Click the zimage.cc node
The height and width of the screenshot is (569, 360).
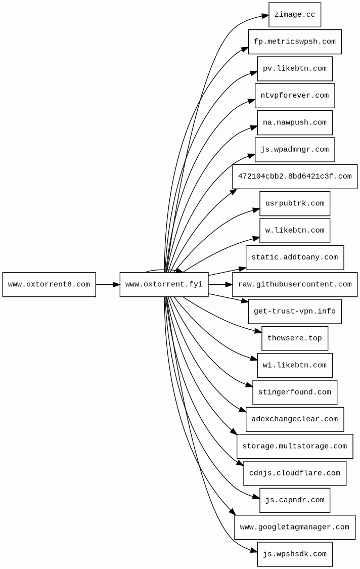(x=294, y=15)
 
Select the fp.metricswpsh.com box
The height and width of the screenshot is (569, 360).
(x=294, y=41)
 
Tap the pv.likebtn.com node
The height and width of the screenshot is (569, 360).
(x=294, y=69)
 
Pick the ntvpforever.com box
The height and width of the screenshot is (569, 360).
(x=294, y=96)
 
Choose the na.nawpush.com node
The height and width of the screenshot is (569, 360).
(x=294, y=122)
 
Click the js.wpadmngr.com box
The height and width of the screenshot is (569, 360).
(x=294, y=150)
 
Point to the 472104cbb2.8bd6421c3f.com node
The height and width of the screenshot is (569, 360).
(x=294, y=177)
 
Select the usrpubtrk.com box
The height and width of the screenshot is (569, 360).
(x=294, y=203)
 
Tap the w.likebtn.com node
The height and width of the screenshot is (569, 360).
(x=294, y=231)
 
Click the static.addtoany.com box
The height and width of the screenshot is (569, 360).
(x=294, y=257)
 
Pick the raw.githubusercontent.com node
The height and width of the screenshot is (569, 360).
(x=294, y=284)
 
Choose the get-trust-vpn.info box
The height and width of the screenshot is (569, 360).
(x=294, y=312)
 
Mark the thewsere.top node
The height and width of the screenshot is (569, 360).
(x=294, y=338)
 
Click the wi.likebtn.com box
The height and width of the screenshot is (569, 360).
(x=294, y=365)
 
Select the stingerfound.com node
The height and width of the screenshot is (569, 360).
(x=294, y=392)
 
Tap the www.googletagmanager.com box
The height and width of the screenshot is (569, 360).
(x=294, y=527)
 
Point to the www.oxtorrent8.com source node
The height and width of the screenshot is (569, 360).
(x=49, y=284)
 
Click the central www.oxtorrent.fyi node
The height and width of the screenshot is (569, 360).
(x=164, y=284)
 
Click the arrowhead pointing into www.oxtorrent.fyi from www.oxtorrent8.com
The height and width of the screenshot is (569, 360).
(x=116, y=284)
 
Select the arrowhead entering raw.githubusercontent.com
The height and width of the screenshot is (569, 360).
(x=229, y=284)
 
